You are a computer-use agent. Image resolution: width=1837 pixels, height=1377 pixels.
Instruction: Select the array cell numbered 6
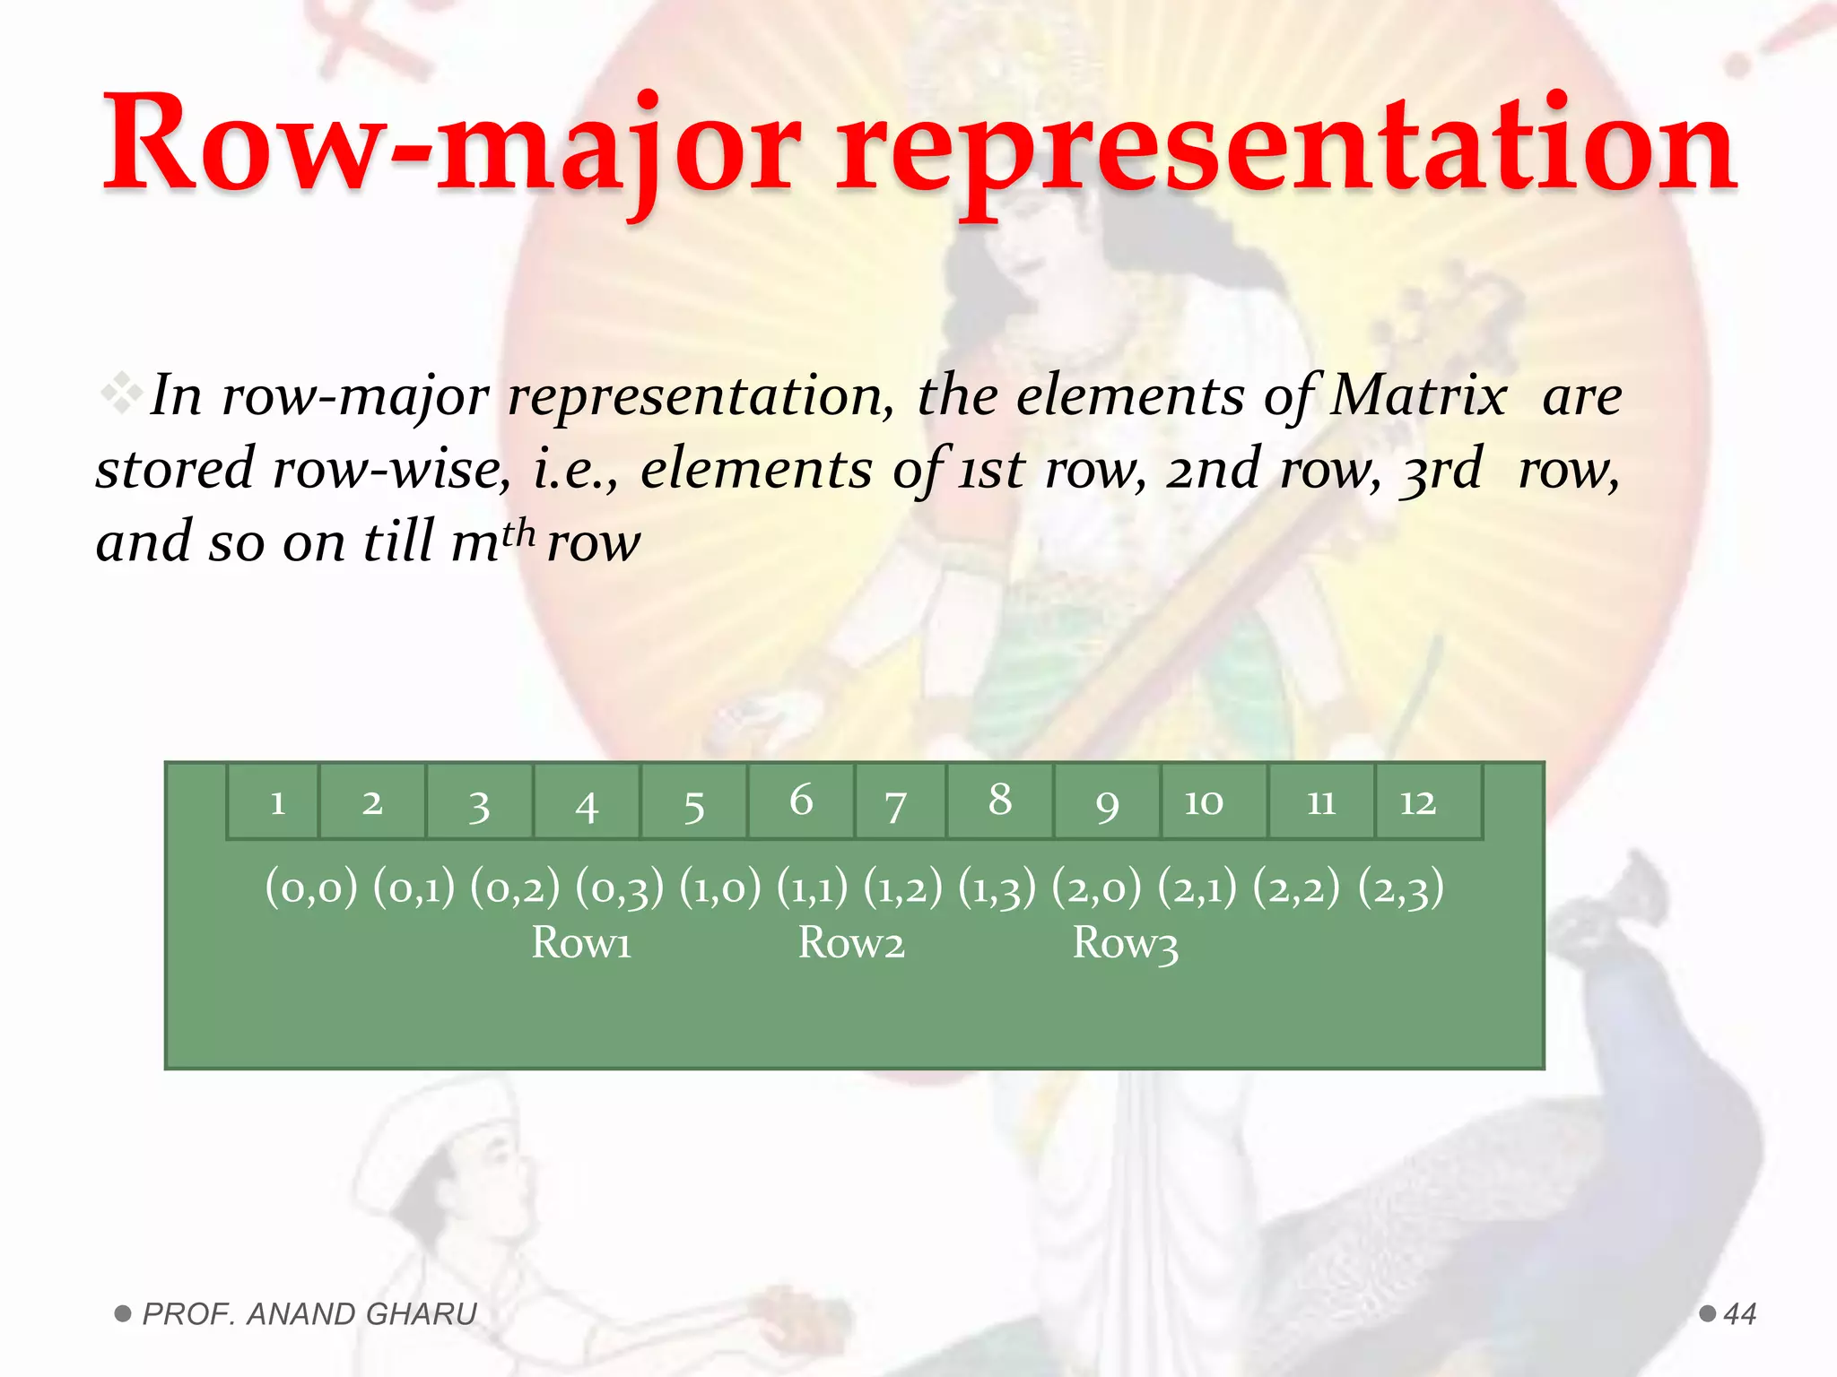pyautogui.click(x=801, y=801)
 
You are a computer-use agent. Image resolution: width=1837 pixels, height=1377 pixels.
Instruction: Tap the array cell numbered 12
pyautogui.click(x=1428, y=801)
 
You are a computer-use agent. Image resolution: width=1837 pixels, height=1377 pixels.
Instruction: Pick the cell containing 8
pyautogui.click(x=1000, y=801)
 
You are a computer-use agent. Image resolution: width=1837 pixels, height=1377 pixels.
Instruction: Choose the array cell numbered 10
pyautogui.click(x=1214, y=801)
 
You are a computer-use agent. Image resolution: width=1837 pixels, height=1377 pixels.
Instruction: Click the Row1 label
pyautogui.click(x=581, y=943)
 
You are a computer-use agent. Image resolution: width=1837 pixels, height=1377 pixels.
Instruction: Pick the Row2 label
pyautogui.click(x=851, y=943)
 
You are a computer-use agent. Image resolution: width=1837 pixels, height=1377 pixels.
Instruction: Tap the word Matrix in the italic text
pyautogui.click(x=1417, y=396)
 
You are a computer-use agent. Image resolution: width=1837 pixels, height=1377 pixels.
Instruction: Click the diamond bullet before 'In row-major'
pyautogui.click(x=121, y=394)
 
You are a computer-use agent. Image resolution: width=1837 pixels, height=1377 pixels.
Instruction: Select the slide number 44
pyautogui.click(x=1739, y=1314)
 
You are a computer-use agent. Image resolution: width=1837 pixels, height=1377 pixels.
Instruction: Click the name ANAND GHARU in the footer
pyautogui.click(x=361, y=1314)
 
